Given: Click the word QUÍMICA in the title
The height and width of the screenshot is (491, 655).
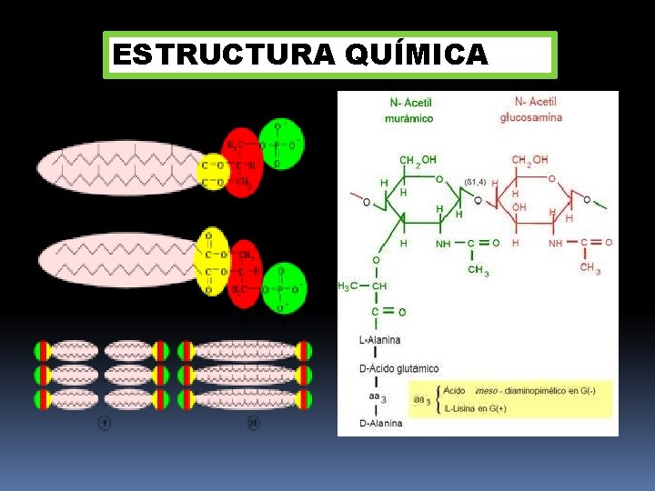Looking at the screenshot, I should [x=418, y=55].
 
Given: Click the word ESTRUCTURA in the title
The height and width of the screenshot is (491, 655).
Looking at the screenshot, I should [x=224, y=55].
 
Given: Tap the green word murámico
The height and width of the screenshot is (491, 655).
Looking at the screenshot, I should [x=408, y=118].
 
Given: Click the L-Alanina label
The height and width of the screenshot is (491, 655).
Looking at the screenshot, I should [x=380, y=340].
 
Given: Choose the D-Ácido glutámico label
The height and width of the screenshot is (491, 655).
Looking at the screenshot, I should [x=398, y=368].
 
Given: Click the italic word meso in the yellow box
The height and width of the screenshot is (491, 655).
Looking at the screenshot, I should [x=489, y=391].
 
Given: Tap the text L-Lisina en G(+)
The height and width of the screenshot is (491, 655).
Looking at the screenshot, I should [x=486, y=409].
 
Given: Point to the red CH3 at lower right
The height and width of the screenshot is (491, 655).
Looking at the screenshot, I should [x=590, y=268].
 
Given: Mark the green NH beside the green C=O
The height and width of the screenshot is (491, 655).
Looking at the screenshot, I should [x=443, y=243].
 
